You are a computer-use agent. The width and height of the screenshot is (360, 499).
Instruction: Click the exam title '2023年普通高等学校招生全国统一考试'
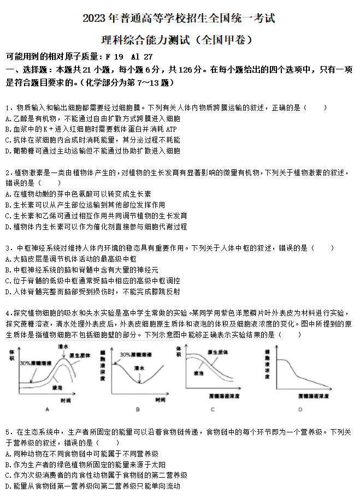[x=179, y=19]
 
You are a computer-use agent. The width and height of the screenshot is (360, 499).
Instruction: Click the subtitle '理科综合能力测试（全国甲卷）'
[x=179, y=40]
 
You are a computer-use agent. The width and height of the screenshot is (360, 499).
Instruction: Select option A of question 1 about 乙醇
[x=93, y=118]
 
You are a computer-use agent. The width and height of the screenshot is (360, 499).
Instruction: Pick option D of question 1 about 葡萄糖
[x=93, y=151]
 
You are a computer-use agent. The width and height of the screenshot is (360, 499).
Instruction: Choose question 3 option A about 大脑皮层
[x=71, y=259]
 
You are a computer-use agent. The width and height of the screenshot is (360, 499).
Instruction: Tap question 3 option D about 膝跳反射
[x=93, y=292]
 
